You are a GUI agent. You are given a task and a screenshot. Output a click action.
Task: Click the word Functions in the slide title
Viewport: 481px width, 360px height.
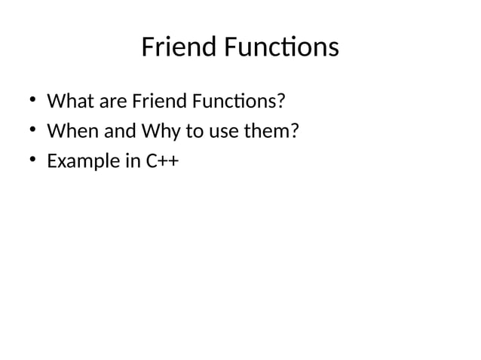coord(278,48)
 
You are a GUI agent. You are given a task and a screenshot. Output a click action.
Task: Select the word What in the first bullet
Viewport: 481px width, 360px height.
coord(66,101)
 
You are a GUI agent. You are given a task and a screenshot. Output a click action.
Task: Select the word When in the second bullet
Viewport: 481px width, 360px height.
coord(69,131)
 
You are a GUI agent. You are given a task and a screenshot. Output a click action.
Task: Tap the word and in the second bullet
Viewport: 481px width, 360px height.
coord(113,131)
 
